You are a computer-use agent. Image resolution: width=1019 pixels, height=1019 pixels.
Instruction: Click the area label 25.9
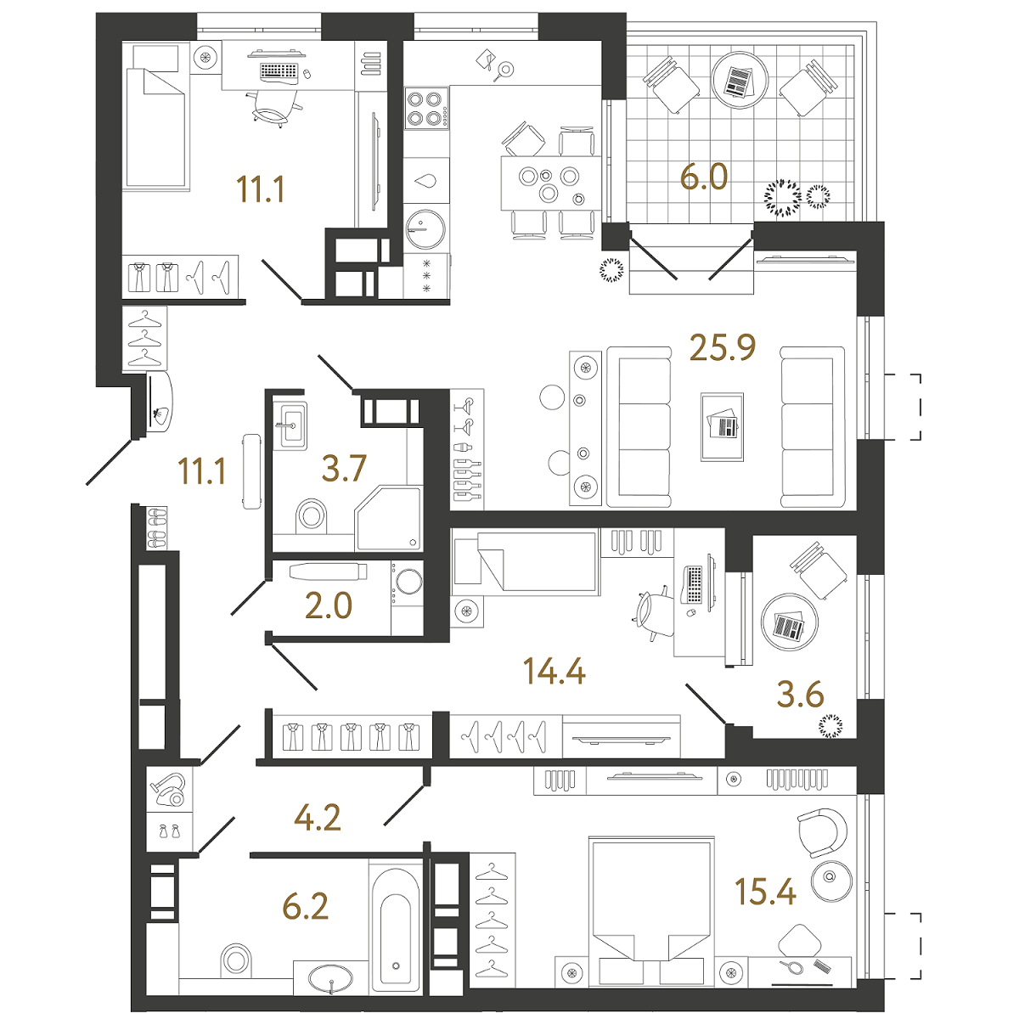[x=723, y=347]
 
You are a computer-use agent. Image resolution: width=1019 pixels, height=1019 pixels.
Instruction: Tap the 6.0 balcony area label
[x=704, y=177]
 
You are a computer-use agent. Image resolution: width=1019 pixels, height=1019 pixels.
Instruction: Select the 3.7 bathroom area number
[x=343, y=468]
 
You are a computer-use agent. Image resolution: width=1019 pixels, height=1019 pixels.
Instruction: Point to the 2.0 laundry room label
[x=328, y=605]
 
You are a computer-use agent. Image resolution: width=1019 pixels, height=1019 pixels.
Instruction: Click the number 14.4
[x=555, y=672]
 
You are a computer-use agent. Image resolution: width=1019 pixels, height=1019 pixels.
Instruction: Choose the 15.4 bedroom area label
[x=765, y=892]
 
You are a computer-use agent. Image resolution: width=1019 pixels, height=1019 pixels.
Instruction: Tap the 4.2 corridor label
[x=317, y=818]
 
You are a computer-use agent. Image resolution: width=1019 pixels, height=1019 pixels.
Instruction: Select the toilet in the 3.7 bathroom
[x=312, y=515]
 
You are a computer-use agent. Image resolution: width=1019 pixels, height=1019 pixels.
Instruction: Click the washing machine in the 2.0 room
[x=408, y=583]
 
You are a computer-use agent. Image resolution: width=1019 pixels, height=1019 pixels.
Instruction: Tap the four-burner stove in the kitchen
[x=426, y=108]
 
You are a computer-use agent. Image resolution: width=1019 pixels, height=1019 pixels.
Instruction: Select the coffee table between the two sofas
[x=722, y=426]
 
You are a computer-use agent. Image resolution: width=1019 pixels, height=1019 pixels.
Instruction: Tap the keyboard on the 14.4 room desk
[x=694, y=585]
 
